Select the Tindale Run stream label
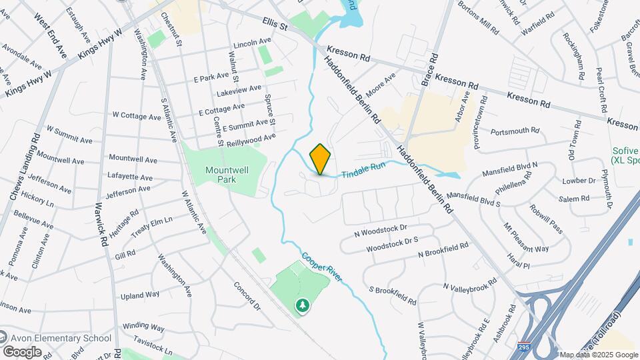pyautogui.click(x=365, y=173)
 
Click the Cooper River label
pyautogui.click(x=321, y=266)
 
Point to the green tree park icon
pyautogui.click(x=303, y=305)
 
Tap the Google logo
pyautogui.click(x=22, y=351)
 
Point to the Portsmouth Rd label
pyautogui.click(x=514, y=131)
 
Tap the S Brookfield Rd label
pyautogui.click(x=395, y=290)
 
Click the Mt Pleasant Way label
pyautogui.click(x=526, y=238)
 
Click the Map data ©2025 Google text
pyautogui.click(x=598, y=355)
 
